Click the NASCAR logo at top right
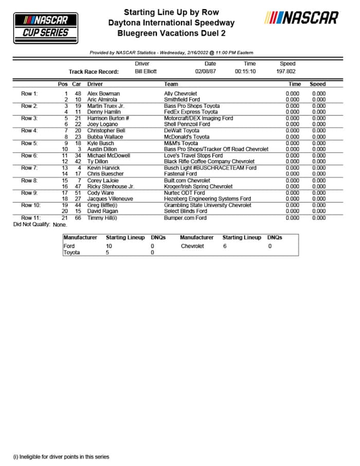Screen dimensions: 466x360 (301, 18)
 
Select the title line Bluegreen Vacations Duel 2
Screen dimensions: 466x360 (171, 33)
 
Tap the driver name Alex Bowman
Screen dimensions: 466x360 (103, 94)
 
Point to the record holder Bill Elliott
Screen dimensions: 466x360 (146, 71)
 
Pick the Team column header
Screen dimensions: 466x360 (171, 84)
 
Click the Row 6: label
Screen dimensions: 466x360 (29, 155)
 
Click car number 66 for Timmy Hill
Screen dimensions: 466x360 (78, 218)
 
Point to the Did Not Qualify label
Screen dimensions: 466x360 (31, 224)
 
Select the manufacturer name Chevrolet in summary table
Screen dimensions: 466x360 (192, 246)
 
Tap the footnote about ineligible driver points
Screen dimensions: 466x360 (61, 456)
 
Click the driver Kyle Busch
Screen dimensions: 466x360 (101, 143)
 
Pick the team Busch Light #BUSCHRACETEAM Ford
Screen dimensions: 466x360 (203, 168)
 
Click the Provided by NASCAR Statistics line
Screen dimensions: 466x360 (171, 52)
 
